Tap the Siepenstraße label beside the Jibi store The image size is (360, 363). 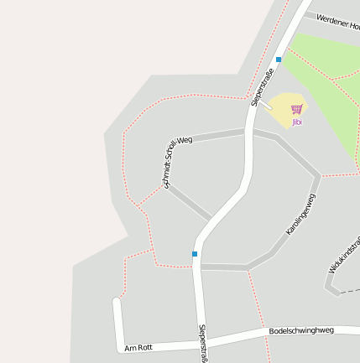point(263,87)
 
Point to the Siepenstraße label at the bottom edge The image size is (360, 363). point(202,344)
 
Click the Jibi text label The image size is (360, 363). point(297,122)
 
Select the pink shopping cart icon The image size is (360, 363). point(297,110)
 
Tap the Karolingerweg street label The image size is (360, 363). point(300,213)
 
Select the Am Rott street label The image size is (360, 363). point(138,347)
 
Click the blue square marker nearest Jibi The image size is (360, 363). point(279,60)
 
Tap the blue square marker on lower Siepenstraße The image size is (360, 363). point(195,254)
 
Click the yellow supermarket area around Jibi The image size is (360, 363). point(285,104)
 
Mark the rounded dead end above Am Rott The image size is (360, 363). point(117,300)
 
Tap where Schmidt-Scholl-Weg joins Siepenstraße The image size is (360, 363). point(248,132)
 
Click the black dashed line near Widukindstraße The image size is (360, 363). point(347,290)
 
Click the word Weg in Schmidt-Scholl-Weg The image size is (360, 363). point(185,140)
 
